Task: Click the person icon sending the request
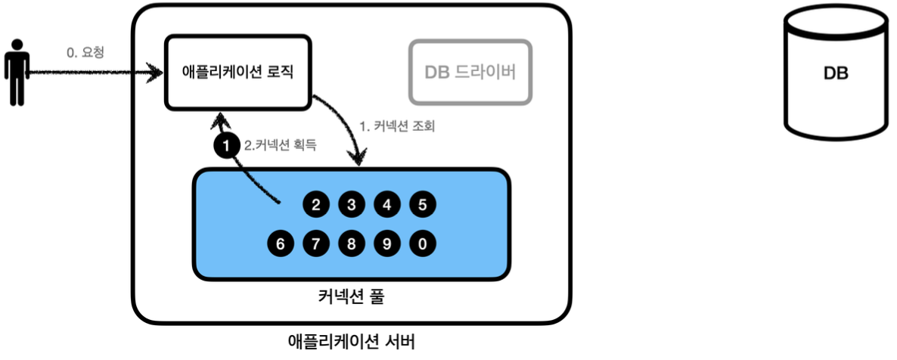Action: click(15, 76)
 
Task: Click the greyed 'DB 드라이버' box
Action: click(470, 72)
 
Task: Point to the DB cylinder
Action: click(835, 74)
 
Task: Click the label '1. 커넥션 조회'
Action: click(397, 126)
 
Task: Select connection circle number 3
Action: click(351, 204)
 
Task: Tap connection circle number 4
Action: click(386, 204)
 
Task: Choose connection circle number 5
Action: click(422, 204)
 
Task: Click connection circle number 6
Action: click(280, 244)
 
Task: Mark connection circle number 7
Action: click(315, 244)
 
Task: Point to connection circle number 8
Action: click(351, 244)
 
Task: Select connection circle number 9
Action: click(386, 244)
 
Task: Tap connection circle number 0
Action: click(422, 244)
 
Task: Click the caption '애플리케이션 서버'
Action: click(352, 342)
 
